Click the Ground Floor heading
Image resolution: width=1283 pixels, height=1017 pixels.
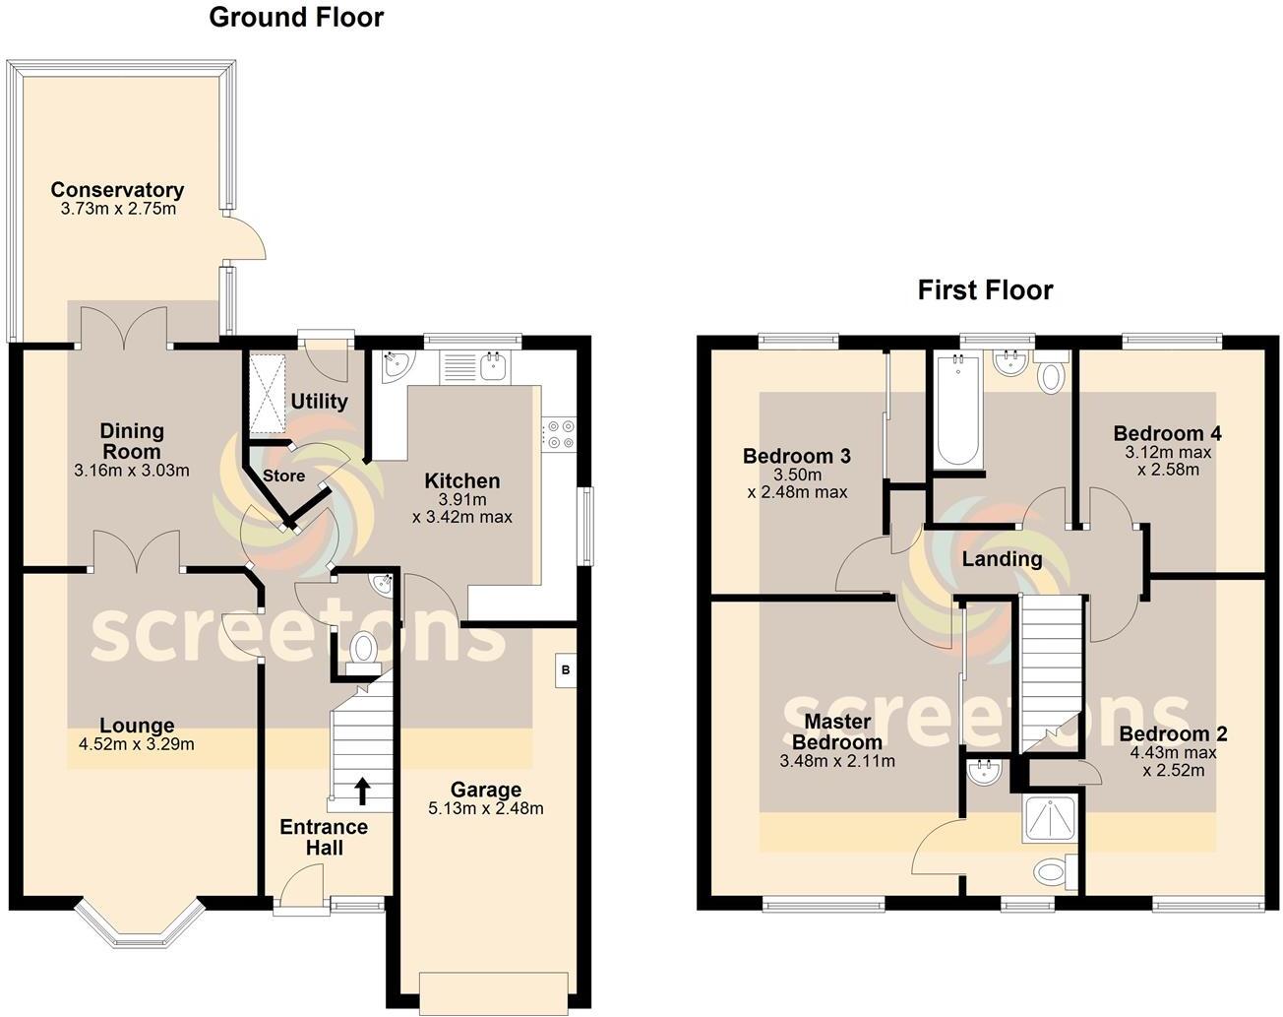(x=296, y=18)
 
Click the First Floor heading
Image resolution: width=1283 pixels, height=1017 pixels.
(x=985, y=290)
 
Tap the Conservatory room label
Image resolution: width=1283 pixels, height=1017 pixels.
(x=117, y=190)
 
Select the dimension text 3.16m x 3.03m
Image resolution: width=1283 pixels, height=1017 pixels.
(x=131, y=471)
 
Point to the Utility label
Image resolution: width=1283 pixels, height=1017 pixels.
(x=319, y=402)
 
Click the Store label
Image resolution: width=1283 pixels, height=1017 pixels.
(x=283, y=477)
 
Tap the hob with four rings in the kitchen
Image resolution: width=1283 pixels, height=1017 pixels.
(x=560, y=434)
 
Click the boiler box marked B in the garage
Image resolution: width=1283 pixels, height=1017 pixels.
(x=565, y=670)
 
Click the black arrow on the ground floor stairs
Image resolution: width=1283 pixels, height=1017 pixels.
(x=362, y=790)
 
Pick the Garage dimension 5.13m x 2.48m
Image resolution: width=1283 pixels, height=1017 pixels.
(x=485, y=809)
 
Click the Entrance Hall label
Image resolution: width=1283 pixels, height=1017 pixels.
(x=324, y=837)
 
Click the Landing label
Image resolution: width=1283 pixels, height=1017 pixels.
(x=1002, y=559)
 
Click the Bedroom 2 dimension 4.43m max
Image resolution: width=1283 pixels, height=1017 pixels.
(x=1173, y=753)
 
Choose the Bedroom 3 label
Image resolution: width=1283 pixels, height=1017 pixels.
(x=796, y=456)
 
